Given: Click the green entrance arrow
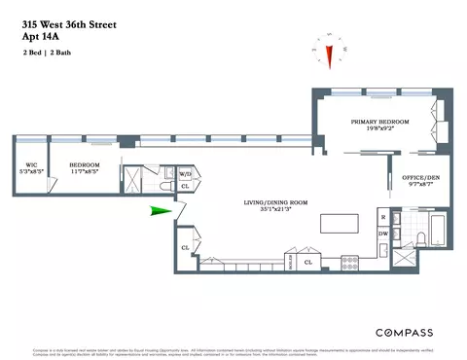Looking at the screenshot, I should point(158,210).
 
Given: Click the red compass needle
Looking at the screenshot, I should point(329,56).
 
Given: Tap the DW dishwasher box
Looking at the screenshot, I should point(383,235).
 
